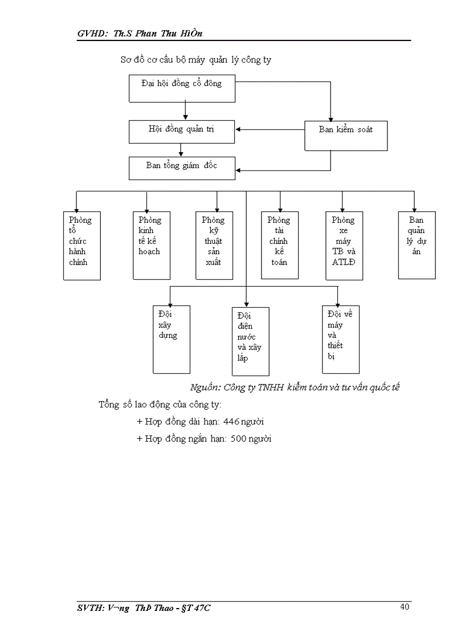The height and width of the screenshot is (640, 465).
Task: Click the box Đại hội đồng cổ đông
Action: click(182, 88)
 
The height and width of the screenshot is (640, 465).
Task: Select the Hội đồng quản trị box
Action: click(182, 131)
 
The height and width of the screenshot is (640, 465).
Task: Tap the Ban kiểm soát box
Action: click(346, 135)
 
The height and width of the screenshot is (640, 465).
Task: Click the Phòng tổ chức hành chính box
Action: click(81, 245)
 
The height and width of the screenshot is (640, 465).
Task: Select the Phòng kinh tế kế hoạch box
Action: click(152, 245)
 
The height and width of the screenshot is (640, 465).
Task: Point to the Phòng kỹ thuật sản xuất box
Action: click(214, 245)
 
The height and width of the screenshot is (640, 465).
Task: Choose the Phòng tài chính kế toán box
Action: click(280, 245)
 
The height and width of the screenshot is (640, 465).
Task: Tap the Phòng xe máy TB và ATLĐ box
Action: click(344, 246)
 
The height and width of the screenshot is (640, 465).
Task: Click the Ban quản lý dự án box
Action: click(417, 245)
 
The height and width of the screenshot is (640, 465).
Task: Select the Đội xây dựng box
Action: click(172, 339)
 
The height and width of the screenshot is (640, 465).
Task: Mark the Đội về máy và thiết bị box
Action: click(341, 339)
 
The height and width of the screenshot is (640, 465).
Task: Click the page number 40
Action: click(405, 606)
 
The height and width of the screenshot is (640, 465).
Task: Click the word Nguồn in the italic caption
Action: click(205, 388)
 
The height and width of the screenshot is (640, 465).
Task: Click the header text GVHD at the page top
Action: click(92, 34)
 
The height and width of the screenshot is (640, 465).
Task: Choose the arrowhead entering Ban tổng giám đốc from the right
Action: click(239, 170)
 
